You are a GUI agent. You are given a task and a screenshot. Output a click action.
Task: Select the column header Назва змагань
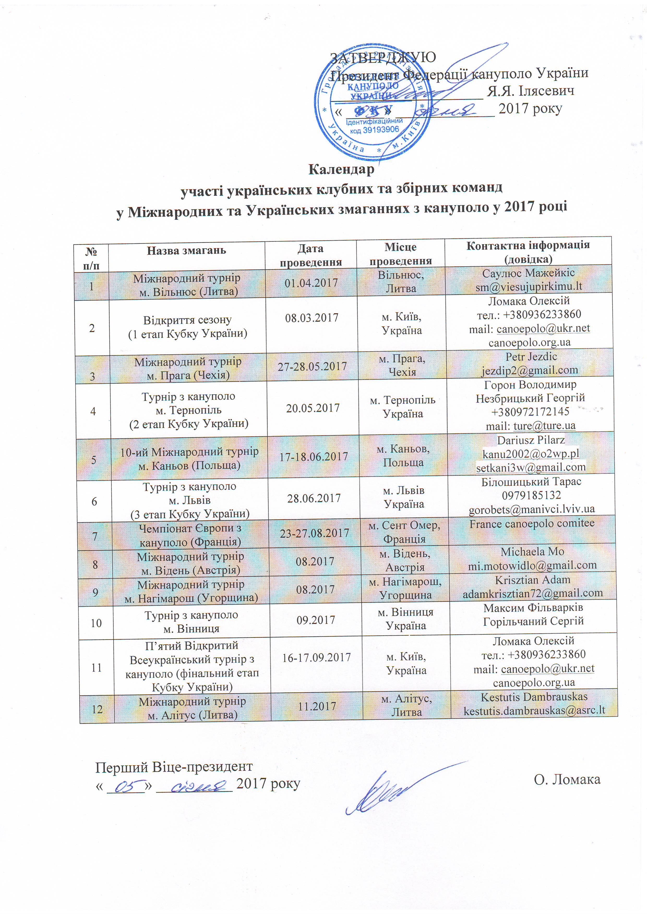[x=187, y=250]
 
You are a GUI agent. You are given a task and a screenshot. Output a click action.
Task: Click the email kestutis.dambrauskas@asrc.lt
[x=534, y=710]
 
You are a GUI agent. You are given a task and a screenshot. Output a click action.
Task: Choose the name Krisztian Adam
[x=533, y=580]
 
